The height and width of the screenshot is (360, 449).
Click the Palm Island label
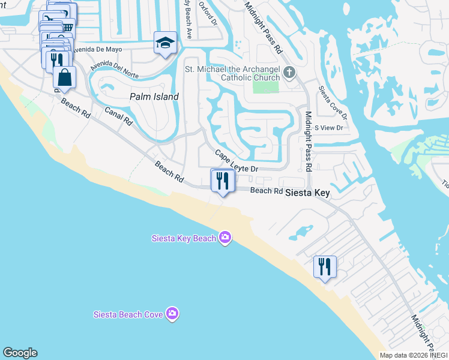tap(154, 97)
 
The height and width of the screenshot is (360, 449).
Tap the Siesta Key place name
tap(307, 193)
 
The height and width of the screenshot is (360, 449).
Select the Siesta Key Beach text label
tap(182, 238)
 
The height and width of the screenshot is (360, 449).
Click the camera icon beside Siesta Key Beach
tap(225, 238)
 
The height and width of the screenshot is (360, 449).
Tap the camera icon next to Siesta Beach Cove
tap(172, 314)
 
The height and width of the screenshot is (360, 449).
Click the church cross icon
tap(289, 73)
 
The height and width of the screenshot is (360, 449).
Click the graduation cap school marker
tap(164, 43)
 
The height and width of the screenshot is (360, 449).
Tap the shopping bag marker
tap(64, 78)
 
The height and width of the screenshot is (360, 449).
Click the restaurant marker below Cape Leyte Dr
tap(222, 181)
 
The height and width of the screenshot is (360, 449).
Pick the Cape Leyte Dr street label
tap(237, 161)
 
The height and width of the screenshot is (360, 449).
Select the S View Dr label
tap(328, 128)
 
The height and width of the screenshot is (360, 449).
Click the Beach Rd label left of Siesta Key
tap(266, 191)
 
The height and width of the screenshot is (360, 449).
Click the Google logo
tap(20, 353)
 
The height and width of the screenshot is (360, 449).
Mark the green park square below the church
tap(266, 86)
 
